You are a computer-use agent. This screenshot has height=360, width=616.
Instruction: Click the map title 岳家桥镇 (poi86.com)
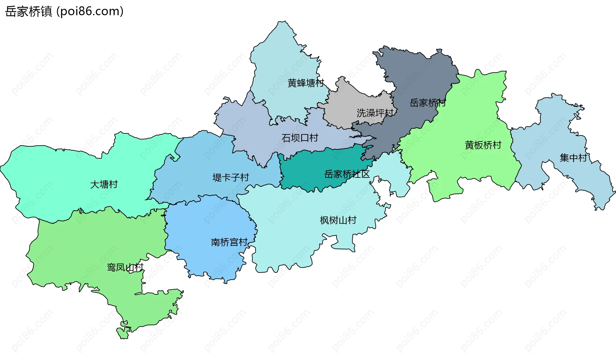[64, 12]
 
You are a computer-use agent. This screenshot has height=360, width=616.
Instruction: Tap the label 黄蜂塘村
[305, 83]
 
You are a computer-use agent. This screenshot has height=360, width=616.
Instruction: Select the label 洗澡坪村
[375, 113]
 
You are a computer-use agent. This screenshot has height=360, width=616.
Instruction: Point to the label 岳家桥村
[427, 103]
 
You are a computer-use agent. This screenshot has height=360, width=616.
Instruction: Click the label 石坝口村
[300, 138]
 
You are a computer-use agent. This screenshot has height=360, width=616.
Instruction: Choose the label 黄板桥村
[483, 145]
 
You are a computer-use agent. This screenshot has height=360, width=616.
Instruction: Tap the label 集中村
[573, 158]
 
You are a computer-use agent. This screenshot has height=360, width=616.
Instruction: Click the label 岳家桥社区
[347, 174]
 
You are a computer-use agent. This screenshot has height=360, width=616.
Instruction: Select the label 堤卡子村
[231, 177]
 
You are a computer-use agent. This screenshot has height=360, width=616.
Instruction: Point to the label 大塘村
[104, 184]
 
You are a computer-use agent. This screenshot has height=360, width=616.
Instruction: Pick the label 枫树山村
[338, 220]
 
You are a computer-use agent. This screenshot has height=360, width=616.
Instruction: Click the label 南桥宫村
[229, 242]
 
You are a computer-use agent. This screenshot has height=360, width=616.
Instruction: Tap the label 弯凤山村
[125, 267]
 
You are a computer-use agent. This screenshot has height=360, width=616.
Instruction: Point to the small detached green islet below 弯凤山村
[122, 333]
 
